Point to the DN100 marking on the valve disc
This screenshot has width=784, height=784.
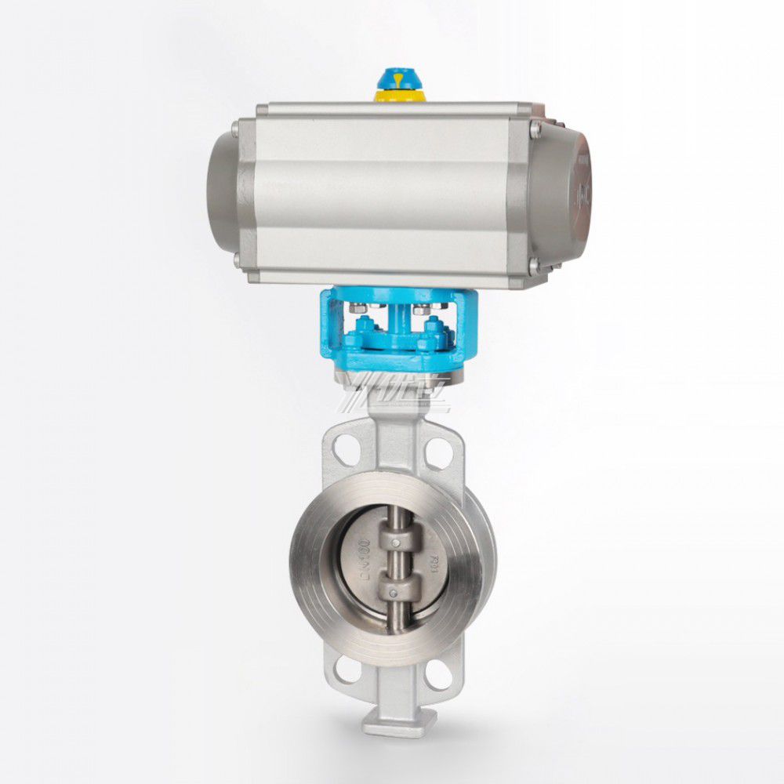click(364, 556)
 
